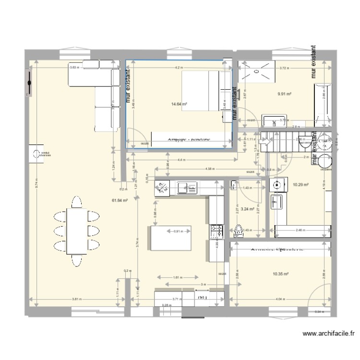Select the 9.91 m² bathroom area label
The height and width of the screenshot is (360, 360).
pos(285,94)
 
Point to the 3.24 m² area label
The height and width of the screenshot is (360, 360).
pos(248,209)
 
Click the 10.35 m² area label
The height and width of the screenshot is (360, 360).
pos(280,274)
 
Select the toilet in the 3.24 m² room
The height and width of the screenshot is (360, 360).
pos(239,230)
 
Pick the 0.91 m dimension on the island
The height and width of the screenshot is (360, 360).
pos(178,232)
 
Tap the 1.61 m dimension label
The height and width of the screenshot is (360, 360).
pos(176,277)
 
